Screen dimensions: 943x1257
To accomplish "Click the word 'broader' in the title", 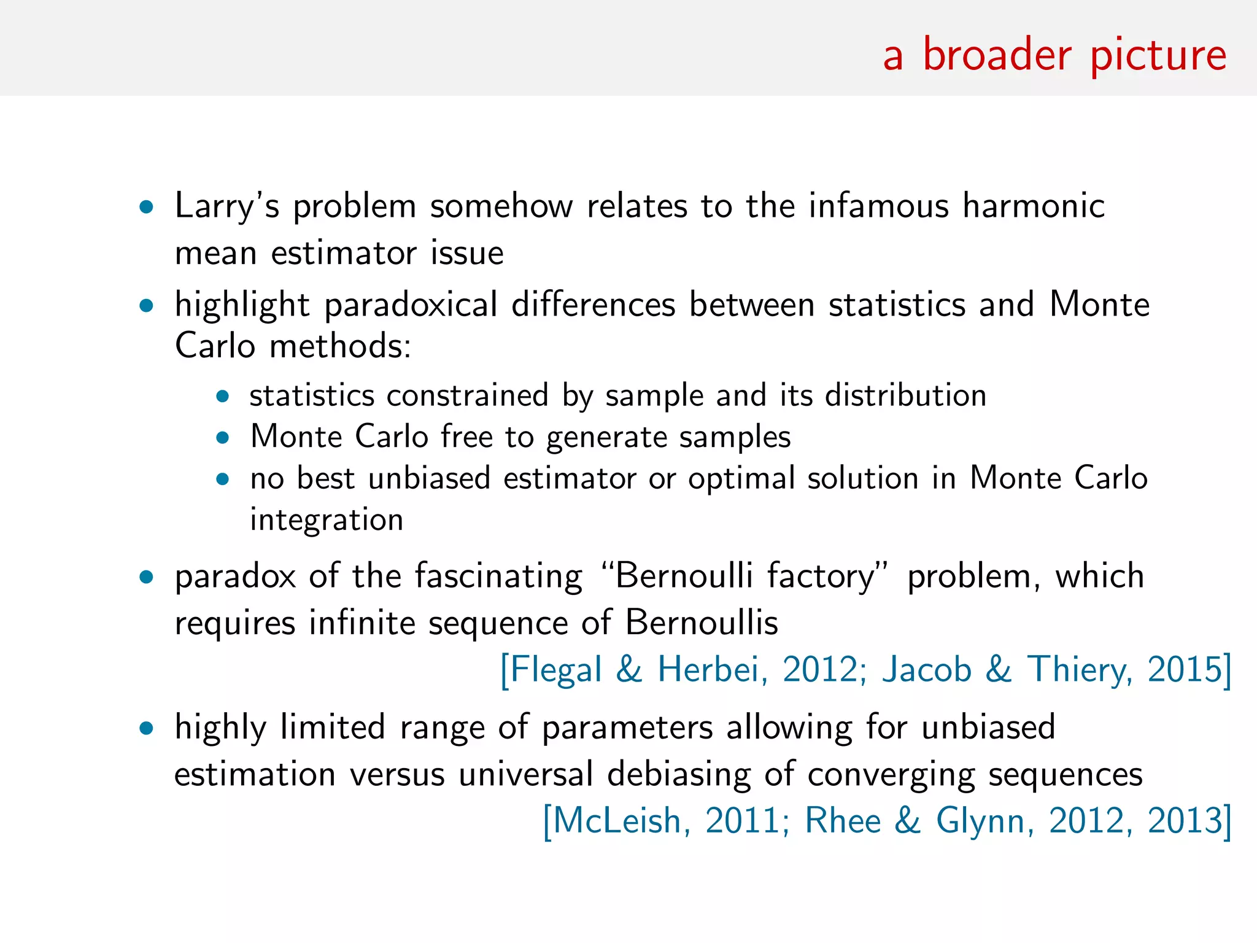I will tap(997, 55).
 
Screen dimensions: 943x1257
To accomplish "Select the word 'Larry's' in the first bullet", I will tap(227, 206).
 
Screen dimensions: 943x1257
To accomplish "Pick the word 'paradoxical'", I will tap(411, 305).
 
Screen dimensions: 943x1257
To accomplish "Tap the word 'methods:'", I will tap(340, 346).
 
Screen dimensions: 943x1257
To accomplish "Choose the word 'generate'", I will tap(606, 438).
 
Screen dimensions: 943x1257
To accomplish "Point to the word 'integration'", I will tap(327, 521).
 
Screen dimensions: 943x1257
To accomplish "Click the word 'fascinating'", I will tap(498, 576).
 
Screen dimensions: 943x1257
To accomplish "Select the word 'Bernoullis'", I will tap(702, 623).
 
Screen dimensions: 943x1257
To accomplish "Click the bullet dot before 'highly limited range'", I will tap(146, 729).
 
